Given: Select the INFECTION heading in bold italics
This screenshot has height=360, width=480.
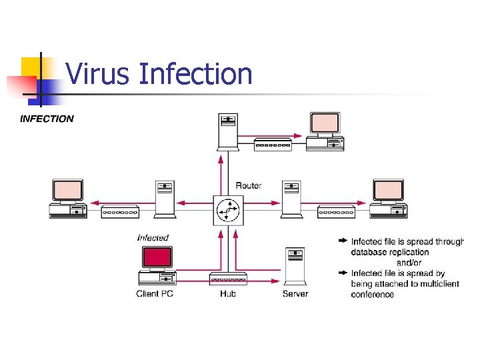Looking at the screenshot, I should click(47, 119).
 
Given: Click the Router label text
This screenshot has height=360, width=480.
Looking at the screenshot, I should click(249, 185).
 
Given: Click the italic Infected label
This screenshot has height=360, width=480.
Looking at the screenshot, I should click(153, 237).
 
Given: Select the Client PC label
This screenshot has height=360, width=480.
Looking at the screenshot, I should click(155, 293).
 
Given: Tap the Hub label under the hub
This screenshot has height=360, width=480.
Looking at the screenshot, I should click(228, 293).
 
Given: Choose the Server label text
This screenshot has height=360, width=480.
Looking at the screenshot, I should click(295, 293).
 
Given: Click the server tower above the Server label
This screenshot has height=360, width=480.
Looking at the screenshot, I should click(295, 266).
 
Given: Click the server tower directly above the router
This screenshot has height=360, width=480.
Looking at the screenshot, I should click(228, 131).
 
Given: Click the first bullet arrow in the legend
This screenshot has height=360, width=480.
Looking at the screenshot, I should click(343, 241).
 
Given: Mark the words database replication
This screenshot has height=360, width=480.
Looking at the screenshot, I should click(390, 252).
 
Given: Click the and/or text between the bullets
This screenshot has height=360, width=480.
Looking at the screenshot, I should click(409, 263).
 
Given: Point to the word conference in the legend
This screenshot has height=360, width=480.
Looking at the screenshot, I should click(373, 294).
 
